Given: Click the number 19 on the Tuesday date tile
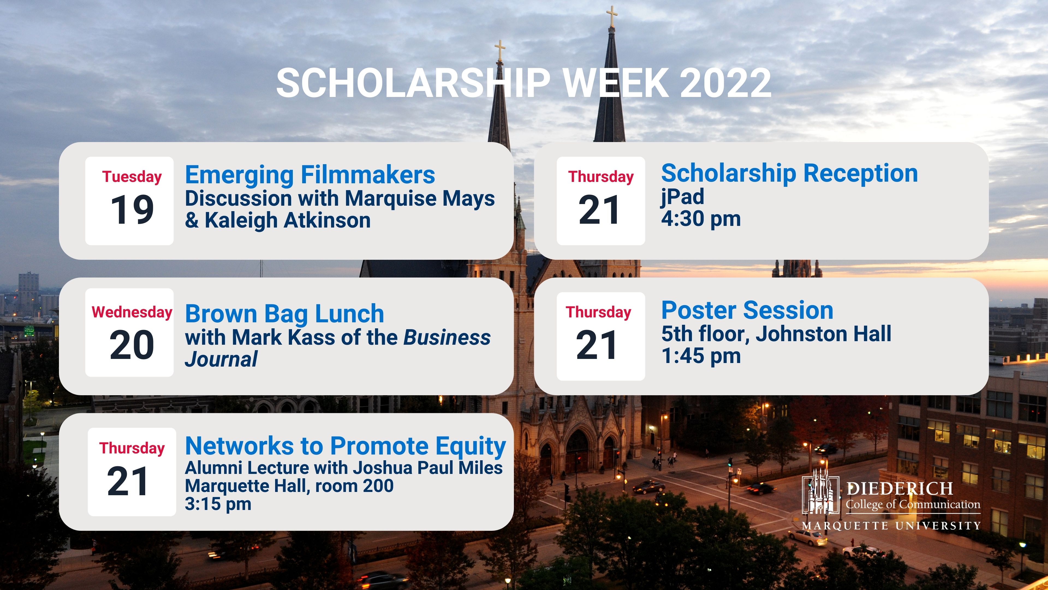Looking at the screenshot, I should point(132,210).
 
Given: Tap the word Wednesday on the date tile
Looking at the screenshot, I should point(132,312).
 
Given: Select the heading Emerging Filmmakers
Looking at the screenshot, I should point(310,175).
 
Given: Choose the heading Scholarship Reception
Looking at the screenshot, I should point(789,173).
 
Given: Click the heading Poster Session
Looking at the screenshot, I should point(747,310).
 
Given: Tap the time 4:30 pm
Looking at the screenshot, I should point(701,219).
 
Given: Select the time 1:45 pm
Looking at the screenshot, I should point(701,356).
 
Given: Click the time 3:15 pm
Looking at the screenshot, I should point(218,504).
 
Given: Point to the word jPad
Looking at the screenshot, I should point(682,197).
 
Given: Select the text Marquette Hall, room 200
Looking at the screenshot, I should point(289,486).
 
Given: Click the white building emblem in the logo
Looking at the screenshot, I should point(820,491).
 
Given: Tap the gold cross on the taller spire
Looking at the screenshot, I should point(611,16).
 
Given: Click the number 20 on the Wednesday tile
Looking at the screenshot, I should point(132,345).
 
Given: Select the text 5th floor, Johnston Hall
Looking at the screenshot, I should point(776,334).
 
